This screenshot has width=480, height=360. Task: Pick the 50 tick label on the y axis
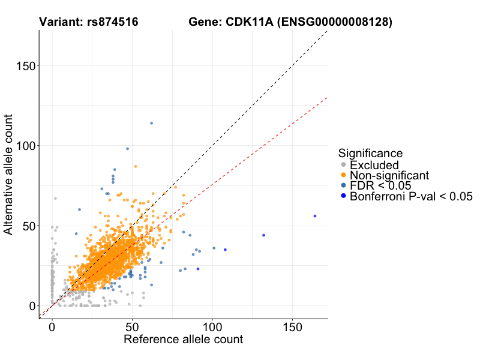[28, 226]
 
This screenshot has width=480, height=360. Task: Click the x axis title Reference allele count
[183, 340]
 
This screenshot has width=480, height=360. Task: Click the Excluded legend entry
[374, 165]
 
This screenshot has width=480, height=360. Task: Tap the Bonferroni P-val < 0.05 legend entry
[411, 196]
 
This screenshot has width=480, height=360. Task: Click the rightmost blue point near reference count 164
[314, 216]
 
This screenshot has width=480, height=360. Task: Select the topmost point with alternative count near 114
[151, 123]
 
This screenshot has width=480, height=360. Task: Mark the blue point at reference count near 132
[263, 235]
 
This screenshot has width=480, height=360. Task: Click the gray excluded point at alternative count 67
[55, 198]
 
